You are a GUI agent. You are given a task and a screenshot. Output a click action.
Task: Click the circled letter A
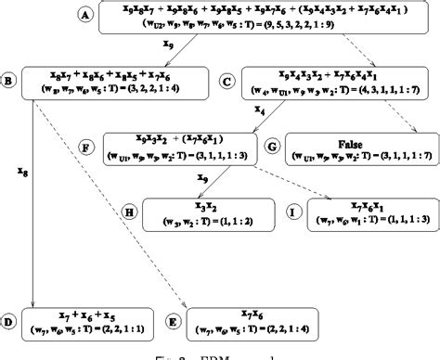click(85, 16)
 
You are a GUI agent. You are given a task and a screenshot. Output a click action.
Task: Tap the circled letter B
click(10, 82)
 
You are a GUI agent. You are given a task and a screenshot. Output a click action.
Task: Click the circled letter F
click(85, 147)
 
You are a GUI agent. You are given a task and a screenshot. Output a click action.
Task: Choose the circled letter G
click(272, 147)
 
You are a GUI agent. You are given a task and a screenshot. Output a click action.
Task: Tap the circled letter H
click(130, 212)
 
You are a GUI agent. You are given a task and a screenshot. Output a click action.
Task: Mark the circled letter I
click(292, 212)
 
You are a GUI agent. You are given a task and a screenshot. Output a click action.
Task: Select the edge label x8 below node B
click(21, 171)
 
